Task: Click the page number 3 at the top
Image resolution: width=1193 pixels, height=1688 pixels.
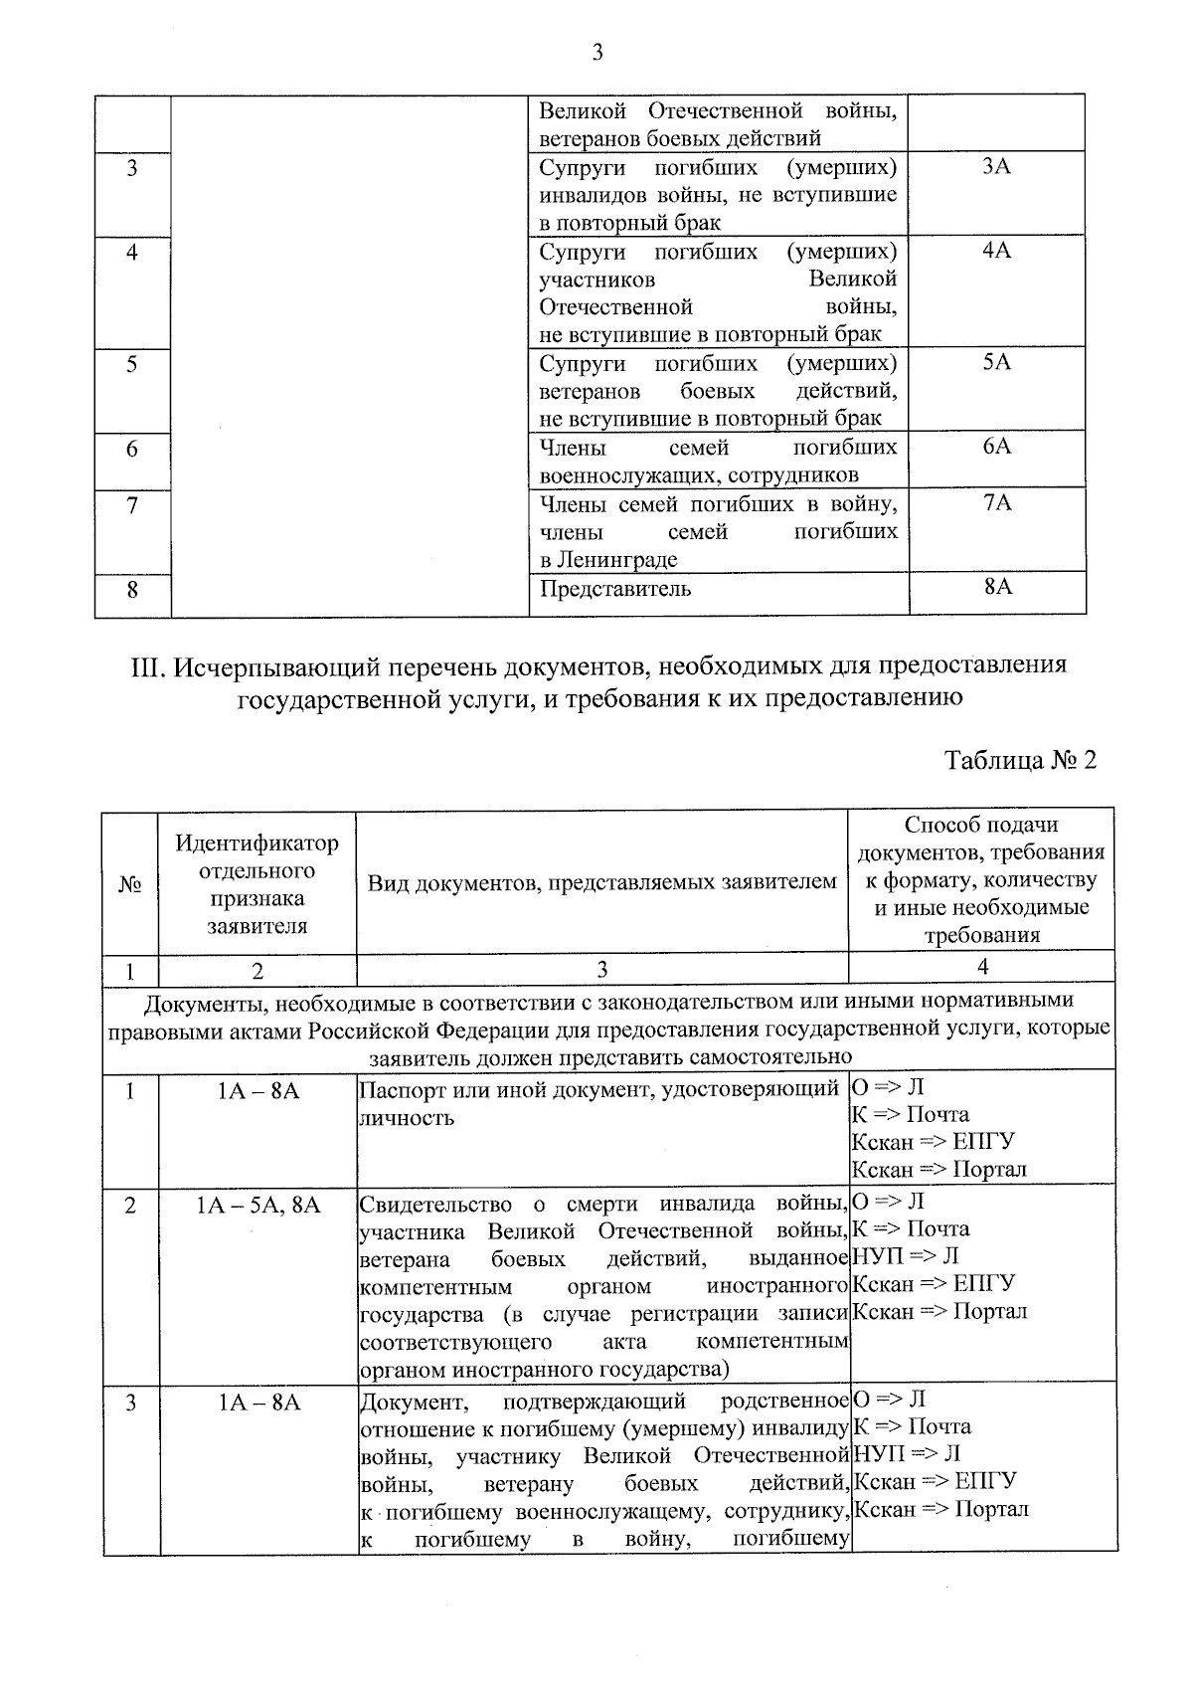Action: point(596,53)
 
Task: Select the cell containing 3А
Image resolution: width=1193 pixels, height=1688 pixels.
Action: point(996,167)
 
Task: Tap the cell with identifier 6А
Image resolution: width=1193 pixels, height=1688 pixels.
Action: point(996,447)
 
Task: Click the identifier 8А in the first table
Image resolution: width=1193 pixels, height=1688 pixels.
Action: point(997,587)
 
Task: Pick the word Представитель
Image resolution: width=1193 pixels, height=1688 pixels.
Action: point(614,589)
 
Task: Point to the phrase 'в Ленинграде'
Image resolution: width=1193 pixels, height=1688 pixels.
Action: point(608,560)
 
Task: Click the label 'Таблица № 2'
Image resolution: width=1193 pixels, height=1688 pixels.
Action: point(1020,761)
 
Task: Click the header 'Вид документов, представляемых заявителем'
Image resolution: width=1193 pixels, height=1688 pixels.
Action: point(601,882)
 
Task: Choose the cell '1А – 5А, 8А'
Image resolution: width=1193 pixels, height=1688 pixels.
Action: point(257,1206)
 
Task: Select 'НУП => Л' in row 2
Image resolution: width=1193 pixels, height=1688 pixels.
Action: point(906,1256)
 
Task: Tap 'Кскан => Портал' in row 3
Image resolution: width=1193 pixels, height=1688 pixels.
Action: point(941,1509)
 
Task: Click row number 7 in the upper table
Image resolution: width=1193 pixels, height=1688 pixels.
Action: point(132,505)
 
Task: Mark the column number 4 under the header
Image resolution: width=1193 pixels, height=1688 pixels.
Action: point(982,967)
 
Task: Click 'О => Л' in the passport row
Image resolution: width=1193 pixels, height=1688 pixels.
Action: point(888,1087)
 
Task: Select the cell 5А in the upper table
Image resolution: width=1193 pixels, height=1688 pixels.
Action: point(996,363)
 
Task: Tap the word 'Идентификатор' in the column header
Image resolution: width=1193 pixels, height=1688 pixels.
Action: point(256,844)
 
